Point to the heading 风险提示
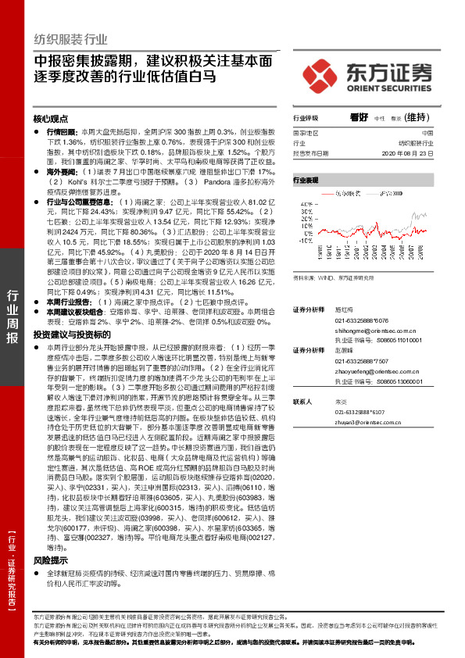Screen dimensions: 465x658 click(x=51, y=560)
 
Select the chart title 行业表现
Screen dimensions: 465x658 click(x=306, y=180)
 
